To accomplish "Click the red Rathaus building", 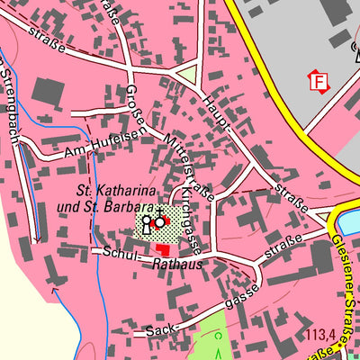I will [163, 247].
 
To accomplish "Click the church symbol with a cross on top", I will [160, 218].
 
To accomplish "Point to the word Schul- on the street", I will [115, 254].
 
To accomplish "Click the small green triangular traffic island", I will [189, 76].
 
